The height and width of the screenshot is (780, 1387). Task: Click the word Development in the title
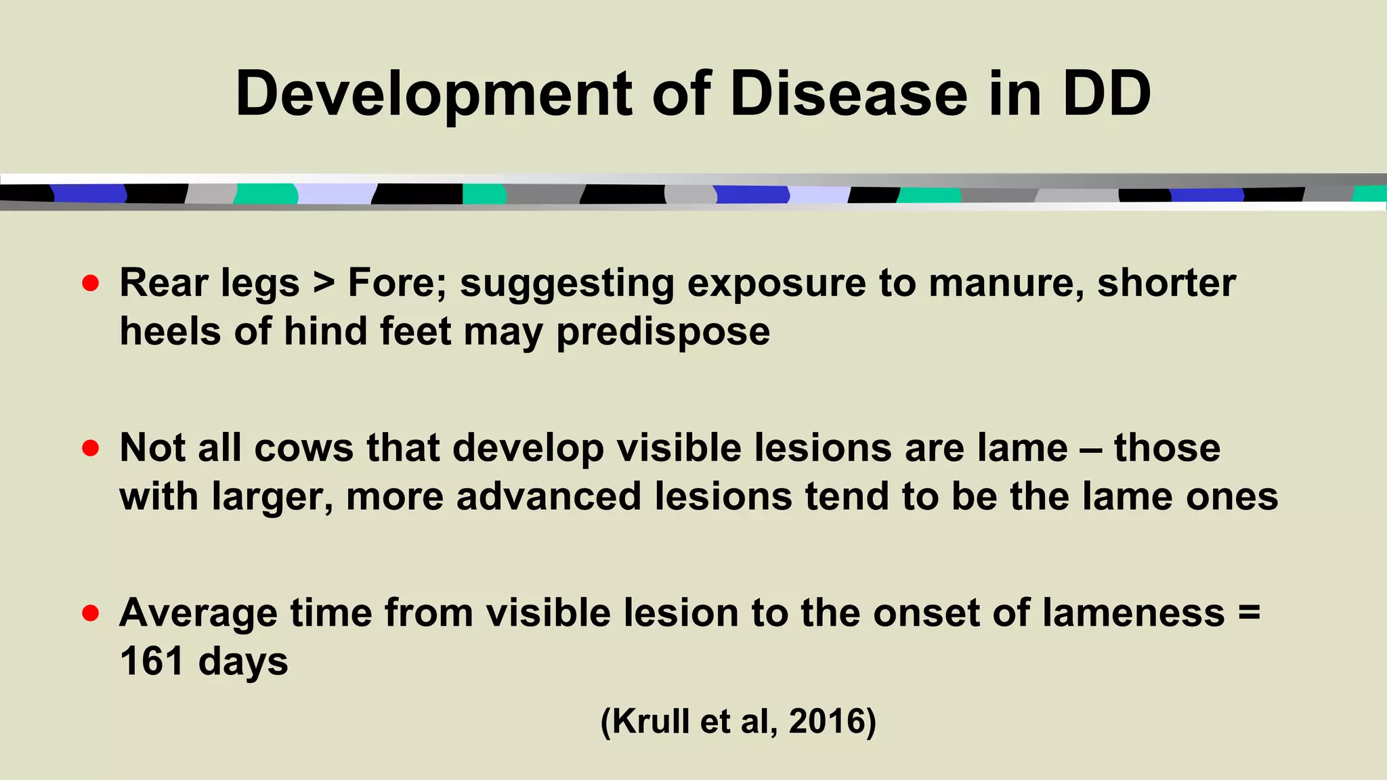[433, 94]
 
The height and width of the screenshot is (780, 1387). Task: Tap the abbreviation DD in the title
[1106, 94]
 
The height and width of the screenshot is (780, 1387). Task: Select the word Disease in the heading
[849, 94]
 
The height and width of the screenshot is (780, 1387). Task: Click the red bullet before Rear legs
[91, 282]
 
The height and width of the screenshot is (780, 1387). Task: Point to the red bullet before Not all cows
[91, 448]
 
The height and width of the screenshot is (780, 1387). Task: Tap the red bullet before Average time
[91, 613]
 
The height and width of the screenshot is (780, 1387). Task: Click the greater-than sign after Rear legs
[324, 283]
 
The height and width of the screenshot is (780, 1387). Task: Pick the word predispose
[663, 332]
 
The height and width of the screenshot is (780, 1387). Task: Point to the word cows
[304, 448]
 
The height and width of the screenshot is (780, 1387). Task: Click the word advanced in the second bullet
[549, 496]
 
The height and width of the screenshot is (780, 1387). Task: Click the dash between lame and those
[1091, 448]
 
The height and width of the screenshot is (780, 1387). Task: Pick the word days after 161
[243, 662]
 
